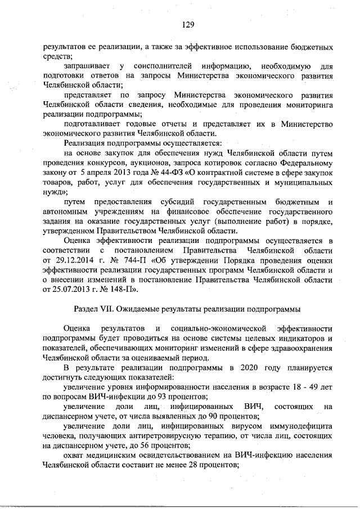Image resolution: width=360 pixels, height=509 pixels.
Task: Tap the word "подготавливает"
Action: (x=93, y=124)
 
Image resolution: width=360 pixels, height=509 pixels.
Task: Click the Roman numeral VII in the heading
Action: (x=107, y=309)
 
